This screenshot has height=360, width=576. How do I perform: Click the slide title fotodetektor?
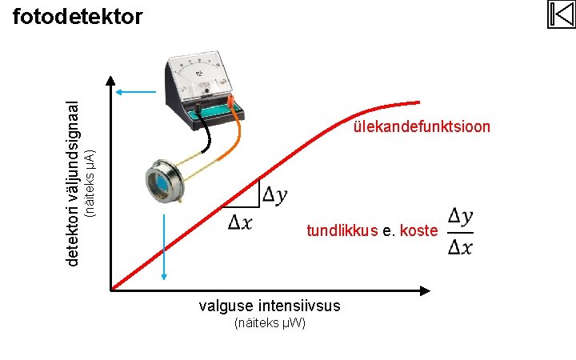[x=78, y=16]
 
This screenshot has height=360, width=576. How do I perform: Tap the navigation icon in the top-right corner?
[x=561, y=14]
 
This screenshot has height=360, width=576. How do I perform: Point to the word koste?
[x=418, y=231]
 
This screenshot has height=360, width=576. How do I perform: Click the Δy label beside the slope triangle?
[x=276, y=194]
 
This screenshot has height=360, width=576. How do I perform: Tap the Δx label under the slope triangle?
[x=240, y=222]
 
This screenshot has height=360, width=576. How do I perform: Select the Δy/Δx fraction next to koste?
[x=460, y=231]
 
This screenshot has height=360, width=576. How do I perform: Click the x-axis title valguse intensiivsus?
[x=270, y=306]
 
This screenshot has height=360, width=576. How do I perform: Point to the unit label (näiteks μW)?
[x=270, y=323]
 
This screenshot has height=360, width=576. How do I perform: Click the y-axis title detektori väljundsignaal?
[x=73, y=184]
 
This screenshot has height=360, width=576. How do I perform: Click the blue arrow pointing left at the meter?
[x=133, y=92]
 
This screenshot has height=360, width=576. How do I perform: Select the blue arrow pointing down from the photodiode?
[x=164, y=240]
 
